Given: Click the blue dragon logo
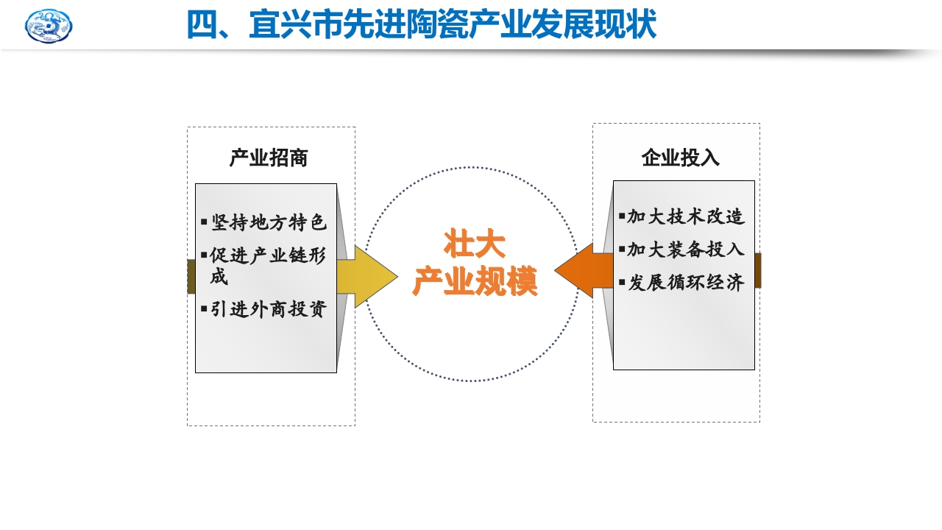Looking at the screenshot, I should point(49,26).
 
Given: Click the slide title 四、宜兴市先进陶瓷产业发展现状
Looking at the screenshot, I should point(421,25).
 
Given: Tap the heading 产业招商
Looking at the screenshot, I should point(269,158).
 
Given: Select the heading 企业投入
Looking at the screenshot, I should point(681,158).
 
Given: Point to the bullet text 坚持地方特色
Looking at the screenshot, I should point(269,222).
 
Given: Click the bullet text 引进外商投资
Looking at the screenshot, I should point(269,309).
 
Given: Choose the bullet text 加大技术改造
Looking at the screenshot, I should point(686,216).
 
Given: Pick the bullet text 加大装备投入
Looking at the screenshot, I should point(686,250).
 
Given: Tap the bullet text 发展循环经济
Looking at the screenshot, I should point(686,283).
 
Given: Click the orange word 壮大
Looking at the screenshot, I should point(474,244).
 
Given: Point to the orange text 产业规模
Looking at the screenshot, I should point(474,281).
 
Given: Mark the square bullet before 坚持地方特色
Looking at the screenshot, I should point(204,222).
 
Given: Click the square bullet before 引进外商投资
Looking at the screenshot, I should point(204,308).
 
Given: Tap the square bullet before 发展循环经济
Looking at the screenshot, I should point(622,282).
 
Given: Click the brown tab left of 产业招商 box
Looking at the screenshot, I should point(191,276).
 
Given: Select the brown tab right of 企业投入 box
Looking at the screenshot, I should point(758,270).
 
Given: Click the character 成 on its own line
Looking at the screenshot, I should point(219,277).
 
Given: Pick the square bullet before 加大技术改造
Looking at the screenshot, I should point(622,216).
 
